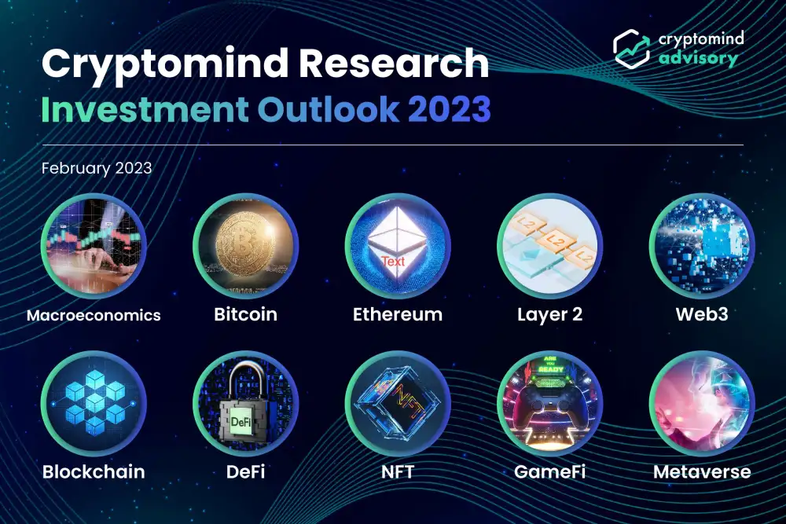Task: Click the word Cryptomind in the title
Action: [x=164, y=64]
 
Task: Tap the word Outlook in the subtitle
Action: [x=329, y=109]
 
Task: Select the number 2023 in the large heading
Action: [x=449, y=109]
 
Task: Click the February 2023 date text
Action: [x=97, y=168]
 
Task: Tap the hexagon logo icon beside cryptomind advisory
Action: [x=632, y=49]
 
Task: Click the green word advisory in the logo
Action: [x=698, y=58]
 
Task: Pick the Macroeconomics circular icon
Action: [x=94, y=245]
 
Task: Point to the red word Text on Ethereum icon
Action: [x=393, y=261]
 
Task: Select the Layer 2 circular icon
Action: [x=550, y=245]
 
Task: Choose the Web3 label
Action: [x=702, y=314]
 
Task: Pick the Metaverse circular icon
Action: [x=702, y=403]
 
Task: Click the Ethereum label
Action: [x=398, y=314]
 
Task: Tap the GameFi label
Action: [x=550, y=471]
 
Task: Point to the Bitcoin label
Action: [x=245, y=314]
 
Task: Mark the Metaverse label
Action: [x=702, y=471]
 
